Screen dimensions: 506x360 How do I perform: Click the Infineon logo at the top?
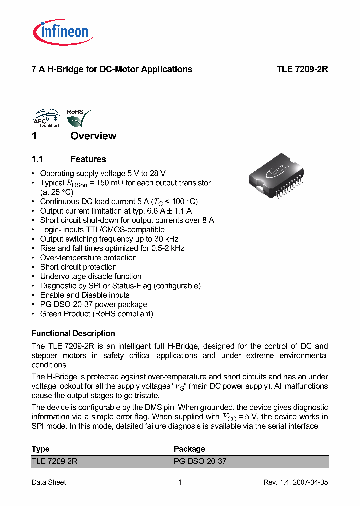[x=61, y=32]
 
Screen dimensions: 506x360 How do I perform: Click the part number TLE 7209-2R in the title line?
[x=302, y=69]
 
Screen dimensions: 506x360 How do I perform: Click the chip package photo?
[x=277, y=175]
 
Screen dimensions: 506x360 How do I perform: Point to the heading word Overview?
[x=93, y=136]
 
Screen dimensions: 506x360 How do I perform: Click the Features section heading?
[x=88, y=159]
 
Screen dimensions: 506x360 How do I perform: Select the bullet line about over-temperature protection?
[x=88, y=258]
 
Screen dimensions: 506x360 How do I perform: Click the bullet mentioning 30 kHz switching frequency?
[x=109, y=239]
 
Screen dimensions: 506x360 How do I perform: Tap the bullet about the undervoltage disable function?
[x=91, y=276]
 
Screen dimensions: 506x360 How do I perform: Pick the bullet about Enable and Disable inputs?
[x=85, y=295]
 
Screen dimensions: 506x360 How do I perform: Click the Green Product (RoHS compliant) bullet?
[x=96, y=314]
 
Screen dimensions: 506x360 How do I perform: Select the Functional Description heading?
[x=73, y=333]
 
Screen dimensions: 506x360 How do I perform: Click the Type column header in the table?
[x=40, y=449]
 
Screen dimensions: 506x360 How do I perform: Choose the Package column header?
[x=189, y=449]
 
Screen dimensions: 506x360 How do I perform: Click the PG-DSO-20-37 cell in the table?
[x=200, y=461]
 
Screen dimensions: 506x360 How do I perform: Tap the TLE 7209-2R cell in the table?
[x=54, y=461]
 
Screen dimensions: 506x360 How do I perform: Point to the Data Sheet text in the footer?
[x=49, y=482]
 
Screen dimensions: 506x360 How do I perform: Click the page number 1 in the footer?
[x=180, y=482]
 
